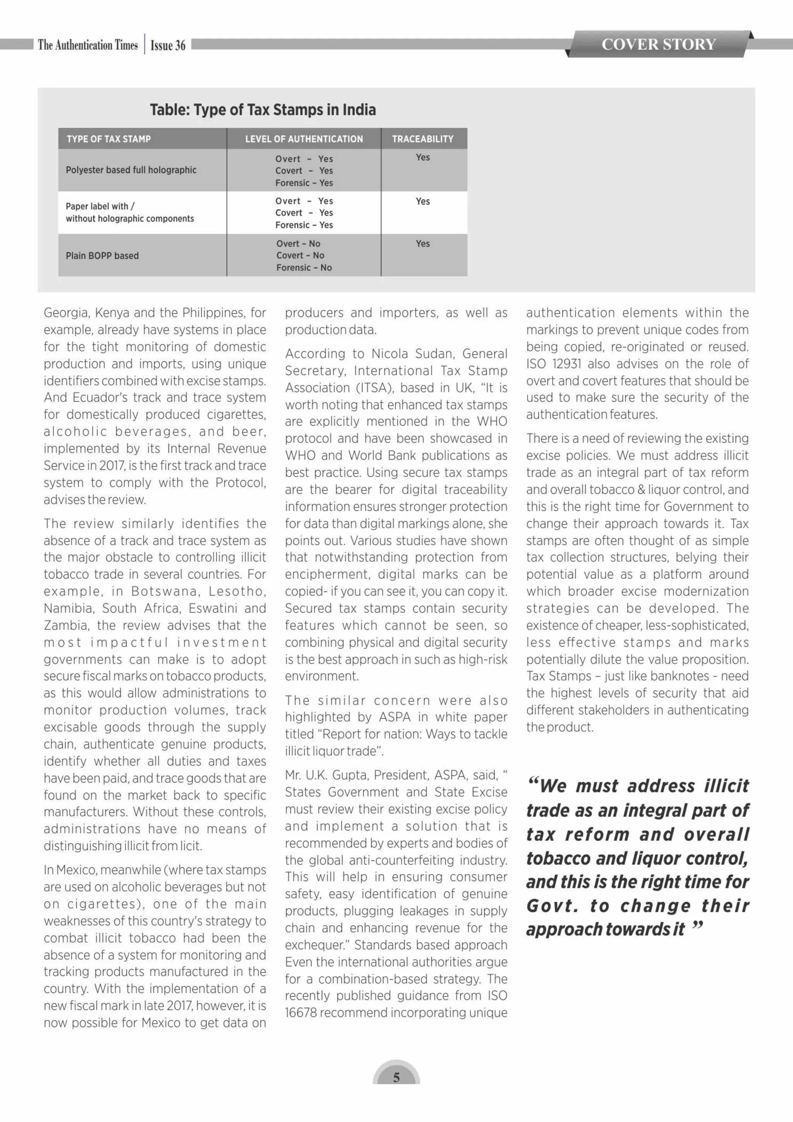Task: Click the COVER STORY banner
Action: [x=658, y=44]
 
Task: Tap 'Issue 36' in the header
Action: [x=168, y=45]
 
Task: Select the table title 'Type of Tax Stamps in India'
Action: [x=263, y=110]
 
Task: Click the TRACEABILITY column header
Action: [x=423, y=139]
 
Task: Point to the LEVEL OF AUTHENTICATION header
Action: [x=304, y=139]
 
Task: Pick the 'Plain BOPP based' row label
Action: [x=102, y=256]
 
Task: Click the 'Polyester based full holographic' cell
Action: [x=131, y=170]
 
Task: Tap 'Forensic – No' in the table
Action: [x=304, y=267]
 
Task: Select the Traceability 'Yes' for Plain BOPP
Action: [x=423, y=243]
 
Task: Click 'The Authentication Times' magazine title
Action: [x=88, y=45]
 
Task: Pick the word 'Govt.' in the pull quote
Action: [x=552, y=906]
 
